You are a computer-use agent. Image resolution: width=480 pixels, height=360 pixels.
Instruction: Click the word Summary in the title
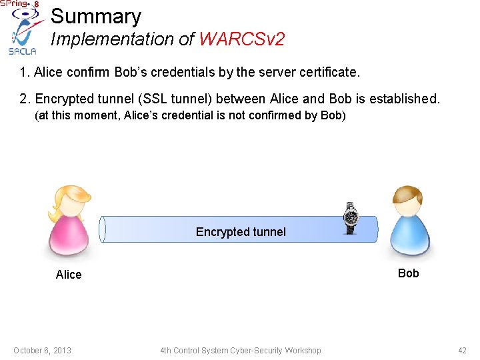[96, 17]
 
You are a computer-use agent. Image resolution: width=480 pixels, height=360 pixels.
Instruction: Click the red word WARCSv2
[241, 39]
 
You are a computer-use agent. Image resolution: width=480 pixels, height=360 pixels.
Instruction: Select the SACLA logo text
[22, 51]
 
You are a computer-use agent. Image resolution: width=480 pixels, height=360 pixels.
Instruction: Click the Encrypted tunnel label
[241, 232]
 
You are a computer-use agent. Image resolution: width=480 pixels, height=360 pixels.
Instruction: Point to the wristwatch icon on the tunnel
[350, 217]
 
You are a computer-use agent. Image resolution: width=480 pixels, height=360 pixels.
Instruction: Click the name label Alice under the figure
[69, 275]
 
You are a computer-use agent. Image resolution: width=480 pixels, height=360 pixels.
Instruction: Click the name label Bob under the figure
[408, 273]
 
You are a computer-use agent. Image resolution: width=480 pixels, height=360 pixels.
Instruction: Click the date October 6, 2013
[42, 351]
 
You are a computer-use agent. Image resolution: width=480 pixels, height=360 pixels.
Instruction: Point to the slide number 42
[462, 351]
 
